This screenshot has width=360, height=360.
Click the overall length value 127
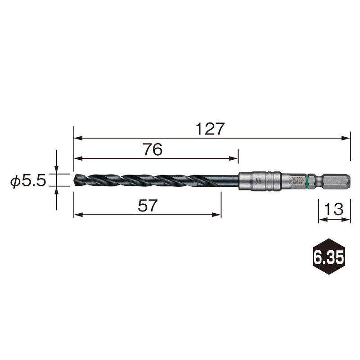[210, 129]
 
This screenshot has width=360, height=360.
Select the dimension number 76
[153, 150]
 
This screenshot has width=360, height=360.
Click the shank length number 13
[334, 210]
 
